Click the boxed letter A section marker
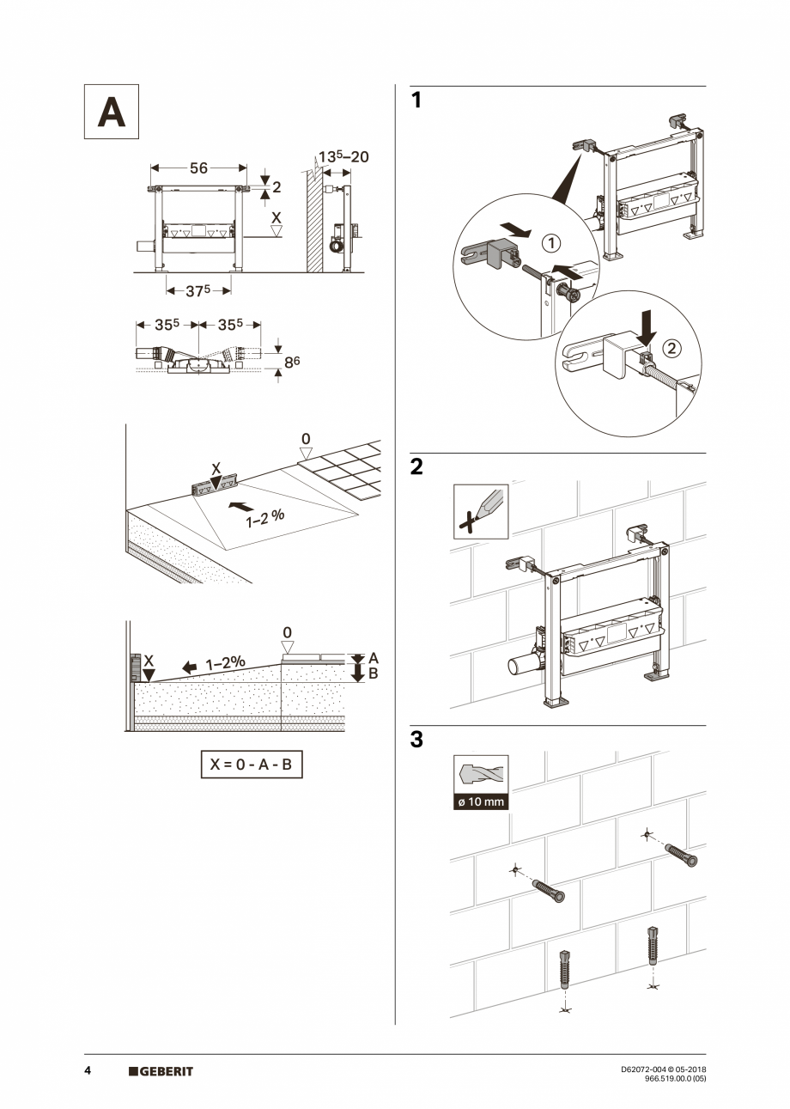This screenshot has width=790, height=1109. coord(111,112)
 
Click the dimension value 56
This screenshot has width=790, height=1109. coord(198,169)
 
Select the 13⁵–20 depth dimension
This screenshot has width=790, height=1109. coord(343,157)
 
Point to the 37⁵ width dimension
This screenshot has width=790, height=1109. coord(198,290)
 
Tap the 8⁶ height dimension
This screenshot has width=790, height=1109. coord(292,362)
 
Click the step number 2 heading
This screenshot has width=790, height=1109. coord(416,468)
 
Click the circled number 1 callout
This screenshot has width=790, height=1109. coord(550,243)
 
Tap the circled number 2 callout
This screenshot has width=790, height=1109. coord(671,349)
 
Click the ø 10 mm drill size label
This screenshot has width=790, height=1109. coord(481,802)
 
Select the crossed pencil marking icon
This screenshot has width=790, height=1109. coord(481,511)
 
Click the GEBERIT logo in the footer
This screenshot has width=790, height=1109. coord(161,1071)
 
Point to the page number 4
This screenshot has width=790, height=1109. coord(88,1071)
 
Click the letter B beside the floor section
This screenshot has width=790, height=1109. coord(373,674)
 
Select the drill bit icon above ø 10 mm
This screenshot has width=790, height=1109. coord(481,775)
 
